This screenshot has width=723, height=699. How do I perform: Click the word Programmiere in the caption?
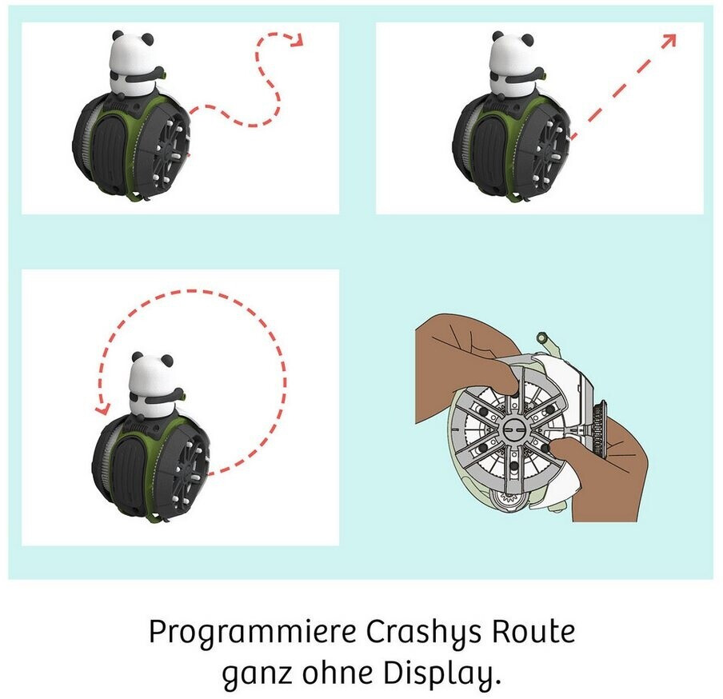click(253, 632)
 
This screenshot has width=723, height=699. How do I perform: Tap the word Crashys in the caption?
click(423, 632)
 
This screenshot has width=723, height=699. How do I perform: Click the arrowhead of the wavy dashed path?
click(297, 40)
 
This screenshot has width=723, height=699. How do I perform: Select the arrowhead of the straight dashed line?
click(669, 40)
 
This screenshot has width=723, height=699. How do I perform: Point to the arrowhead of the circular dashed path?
click(102, 408)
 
